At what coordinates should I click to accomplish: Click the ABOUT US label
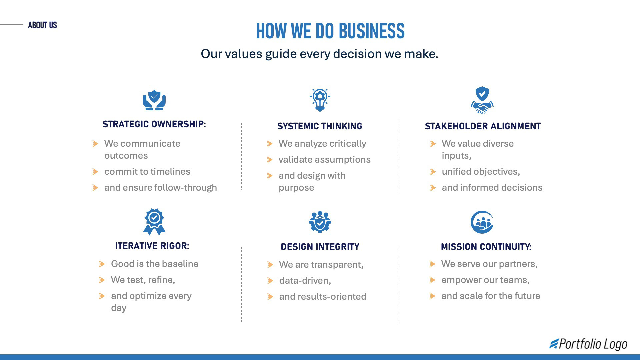(42, 25)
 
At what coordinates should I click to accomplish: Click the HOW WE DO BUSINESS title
(330, 31)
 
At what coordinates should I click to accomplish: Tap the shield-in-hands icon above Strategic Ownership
(154, 100)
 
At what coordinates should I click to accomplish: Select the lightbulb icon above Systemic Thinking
(320, 100)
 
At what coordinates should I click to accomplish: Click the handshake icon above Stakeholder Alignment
(482, 100)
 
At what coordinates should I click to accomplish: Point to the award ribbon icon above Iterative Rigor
(154, 222)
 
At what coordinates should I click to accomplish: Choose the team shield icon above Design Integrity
(320, 222)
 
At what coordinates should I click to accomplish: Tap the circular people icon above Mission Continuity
(482, 222)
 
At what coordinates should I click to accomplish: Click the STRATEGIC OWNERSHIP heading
(154, 124)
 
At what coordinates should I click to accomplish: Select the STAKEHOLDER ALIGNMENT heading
(483, 126)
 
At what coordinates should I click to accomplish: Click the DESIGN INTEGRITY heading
(320, 247)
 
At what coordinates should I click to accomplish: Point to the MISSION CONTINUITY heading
(486, 247)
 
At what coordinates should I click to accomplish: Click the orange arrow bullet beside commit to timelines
(95, 172)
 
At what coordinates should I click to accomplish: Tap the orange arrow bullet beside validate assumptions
(270, 160)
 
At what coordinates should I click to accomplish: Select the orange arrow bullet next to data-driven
(270, 281)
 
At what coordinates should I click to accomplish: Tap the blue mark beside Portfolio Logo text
(554, 344)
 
